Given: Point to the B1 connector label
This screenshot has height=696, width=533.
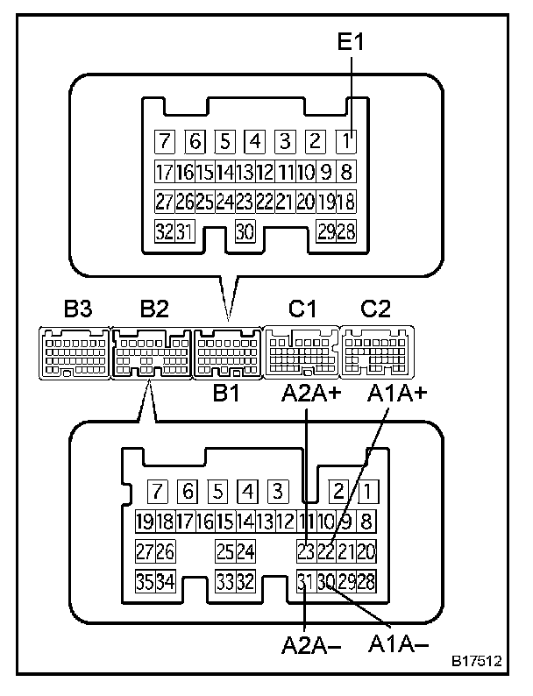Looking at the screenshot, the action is coord(227,393).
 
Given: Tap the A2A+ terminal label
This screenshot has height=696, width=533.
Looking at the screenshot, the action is coord(310,393).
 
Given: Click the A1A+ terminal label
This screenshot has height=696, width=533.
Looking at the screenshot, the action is coord(397,393).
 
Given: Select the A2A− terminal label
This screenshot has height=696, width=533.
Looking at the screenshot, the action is coord(310,647).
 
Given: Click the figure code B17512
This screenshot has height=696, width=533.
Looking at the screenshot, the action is coord(477,660).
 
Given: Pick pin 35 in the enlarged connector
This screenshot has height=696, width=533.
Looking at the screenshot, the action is coord(145,581).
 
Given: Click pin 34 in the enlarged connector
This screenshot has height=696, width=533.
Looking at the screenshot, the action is coord(165,581).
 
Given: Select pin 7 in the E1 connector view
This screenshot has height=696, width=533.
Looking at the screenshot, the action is coord(164,141).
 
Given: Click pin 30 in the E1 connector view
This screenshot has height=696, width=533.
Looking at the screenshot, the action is coord(245,231).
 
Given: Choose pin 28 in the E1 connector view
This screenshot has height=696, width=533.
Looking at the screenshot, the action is coord(346,231).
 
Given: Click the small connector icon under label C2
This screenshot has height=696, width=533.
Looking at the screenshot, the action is coord(376,352).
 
